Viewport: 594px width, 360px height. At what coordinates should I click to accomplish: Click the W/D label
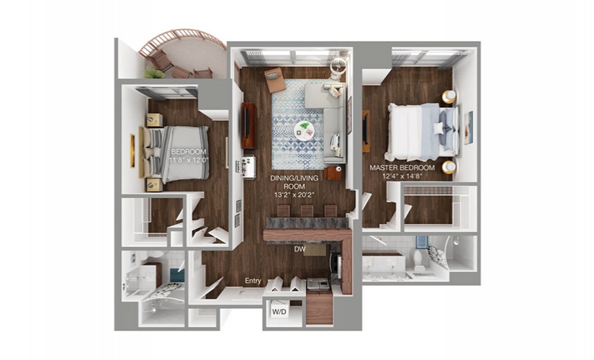point(279,312)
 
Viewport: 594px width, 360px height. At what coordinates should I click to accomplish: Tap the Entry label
point(253,281)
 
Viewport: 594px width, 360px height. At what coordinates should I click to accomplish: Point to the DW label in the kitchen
point(300,249)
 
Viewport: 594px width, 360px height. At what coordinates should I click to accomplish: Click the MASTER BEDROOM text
point(402,168)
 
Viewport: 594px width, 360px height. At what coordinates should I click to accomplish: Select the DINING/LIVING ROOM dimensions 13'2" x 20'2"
point(294,196)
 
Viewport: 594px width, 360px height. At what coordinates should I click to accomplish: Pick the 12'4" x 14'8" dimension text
point(402,176)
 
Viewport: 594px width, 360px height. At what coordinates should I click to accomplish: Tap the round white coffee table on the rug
point(304,131)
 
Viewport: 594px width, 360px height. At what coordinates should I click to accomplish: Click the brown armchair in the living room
point(276,80)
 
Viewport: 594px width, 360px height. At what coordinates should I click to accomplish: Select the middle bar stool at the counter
point(307,211)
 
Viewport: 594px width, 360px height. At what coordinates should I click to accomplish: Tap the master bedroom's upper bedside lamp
point(449,96)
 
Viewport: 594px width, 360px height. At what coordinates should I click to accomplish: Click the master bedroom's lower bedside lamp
point(449,167)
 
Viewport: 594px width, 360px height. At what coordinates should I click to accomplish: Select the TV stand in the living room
point(248,125)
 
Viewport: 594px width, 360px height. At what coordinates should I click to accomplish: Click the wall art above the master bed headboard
point(469,127)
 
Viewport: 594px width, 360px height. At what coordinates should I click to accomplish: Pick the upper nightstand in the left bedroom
point(154,120)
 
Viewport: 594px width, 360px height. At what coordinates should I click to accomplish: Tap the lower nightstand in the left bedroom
point(154,184)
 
